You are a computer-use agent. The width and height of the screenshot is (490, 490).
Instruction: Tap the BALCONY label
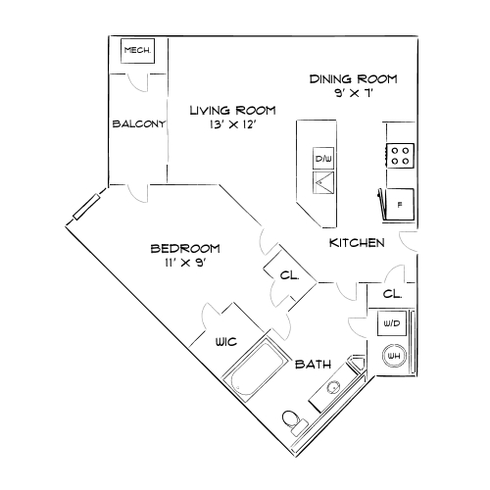coord(138,123)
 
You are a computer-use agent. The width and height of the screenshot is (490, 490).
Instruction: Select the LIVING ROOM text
coord(232,110)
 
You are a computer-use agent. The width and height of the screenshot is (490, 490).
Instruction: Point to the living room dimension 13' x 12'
coord(232,125)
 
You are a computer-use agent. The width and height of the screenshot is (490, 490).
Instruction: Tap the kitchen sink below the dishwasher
coord(323,181)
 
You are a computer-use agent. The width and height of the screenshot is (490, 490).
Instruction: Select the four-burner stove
coord(400,155)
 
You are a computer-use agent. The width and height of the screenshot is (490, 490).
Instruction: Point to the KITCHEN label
coord(356,243)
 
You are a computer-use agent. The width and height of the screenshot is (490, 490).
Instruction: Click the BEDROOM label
coord(184,248)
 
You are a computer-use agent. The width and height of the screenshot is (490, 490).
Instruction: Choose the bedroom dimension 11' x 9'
coord(184,263)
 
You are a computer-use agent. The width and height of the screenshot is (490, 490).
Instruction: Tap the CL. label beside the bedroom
coord(289,275)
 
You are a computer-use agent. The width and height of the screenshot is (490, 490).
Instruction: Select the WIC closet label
coord(227,342)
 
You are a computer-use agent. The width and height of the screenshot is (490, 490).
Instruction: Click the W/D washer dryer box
coord(392,322)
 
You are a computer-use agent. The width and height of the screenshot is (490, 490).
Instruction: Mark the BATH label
coord(314,365)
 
